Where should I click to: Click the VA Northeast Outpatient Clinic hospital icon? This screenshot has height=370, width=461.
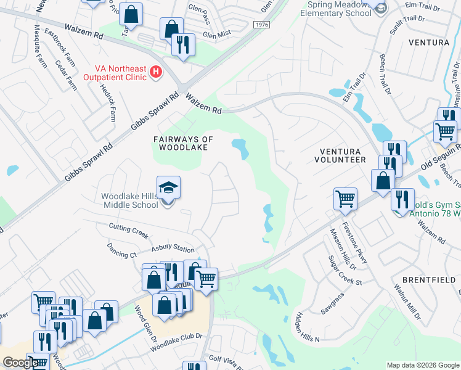tap(156, 73)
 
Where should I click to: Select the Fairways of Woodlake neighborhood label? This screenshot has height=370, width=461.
tap(184, 143)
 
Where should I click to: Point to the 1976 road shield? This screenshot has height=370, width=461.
tap(261, 23)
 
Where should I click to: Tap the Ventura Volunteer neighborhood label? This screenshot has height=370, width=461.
tap(343, 155)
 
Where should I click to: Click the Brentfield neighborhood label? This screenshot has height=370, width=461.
tap(432, 279)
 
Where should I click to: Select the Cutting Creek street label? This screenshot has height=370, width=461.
tap(129, 229)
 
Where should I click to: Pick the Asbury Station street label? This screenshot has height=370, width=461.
tap(173, 250)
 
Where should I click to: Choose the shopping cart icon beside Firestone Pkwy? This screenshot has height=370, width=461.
tap(346, 199)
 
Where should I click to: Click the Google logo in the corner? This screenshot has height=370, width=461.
tap(20, 363)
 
